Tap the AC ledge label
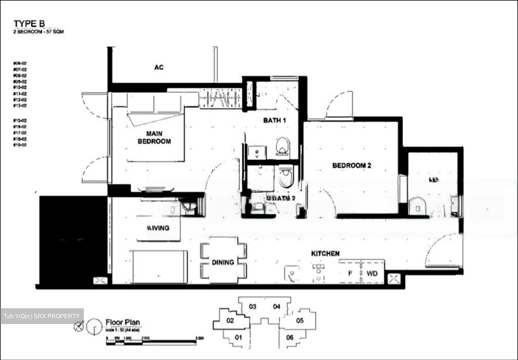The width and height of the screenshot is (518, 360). pyautogui.click(x=159, y=67)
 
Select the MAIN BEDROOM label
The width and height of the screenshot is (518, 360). pyautogui.click(x=154, y=138)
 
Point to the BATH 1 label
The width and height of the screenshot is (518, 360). pyautogui.click(x=274, y=120)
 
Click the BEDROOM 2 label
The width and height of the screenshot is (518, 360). pyautogui.click(x=351, y=165)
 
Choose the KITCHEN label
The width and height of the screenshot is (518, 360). pyautogui.click(x=325, y=254)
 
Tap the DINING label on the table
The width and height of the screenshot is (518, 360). pyautogui.click(x=223, y=263)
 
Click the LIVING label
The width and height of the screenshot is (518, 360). pyautogui.click(x=158, y=228)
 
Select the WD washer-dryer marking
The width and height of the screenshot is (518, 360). pyautogui.click(x=372, y=273)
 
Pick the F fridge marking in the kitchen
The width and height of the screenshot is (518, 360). pyautogui.click(x=350, y=273)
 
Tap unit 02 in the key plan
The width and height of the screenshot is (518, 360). pyautogui.click(x=230, y=320)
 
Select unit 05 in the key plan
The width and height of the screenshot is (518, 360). pyautogui.click(x=300, y=320)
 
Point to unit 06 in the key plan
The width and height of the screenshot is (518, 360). pyautogui.click(x=290, y=337)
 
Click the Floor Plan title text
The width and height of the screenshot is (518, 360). pyautogui.click(x=123, y=323)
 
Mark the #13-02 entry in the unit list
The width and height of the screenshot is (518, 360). pyautogui.click(x=20, y=106)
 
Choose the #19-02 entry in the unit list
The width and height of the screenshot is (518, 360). pyautogui.click(x=20, y=145)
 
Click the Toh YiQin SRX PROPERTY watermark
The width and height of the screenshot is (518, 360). pyautogui.click(x=42, y=316)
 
